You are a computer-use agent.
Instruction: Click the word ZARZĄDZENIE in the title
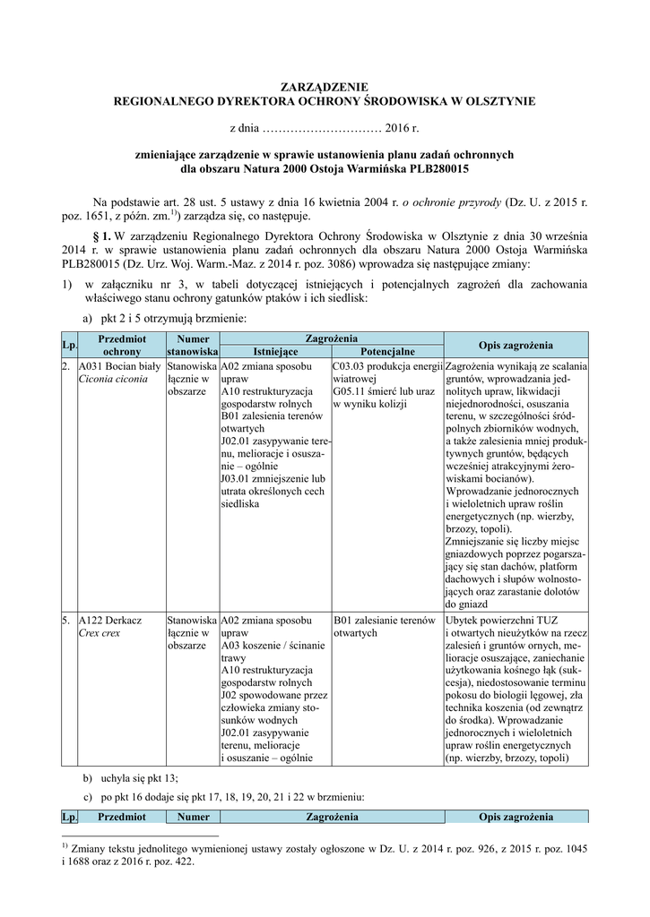tap(325, 88)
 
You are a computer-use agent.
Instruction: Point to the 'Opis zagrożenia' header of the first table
tap(516, 346)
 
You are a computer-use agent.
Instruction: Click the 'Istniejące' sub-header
tap(274, 352)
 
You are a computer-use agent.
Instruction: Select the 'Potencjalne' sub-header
tap(386, 352)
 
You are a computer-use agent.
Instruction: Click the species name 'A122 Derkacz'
tap(111, 620)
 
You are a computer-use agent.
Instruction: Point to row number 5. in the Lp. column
tap(67, 620)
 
